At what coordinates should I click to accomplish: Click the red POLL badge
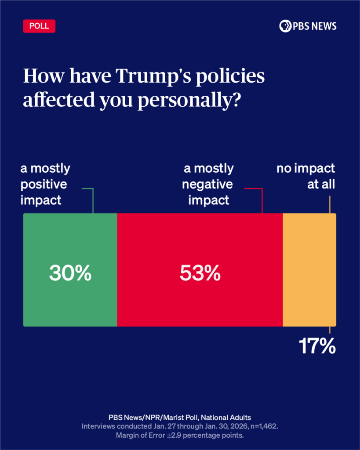[x=39, y=26]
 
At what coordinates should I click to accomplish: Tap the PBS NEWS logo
[x=308, y=26]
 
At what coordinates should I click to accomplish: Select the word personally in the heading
[x=189, y=101]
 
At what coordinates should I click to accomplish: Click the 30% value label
[x=70, y=273]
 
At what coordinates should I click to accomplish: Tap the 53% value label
[x=200, y=273]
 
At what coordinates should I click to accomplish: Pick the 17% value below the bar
[x=317, y=346]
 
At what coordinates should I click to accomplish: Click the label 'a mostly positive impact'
[x=45, y=184]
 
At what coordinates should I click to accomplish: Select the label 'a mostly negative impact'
[x=209, y=184]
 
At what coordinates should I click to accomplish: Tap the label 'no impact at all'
[x=305, y=176]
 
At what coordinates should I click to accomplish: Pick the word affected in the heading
[x=53, y=101]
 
